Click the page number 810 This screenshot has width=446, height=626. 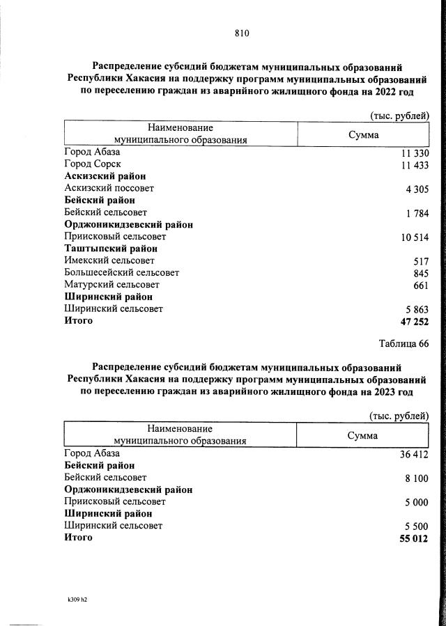(x=242, y=33)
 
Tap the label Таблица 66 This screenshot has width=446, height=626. (x=403, y=344)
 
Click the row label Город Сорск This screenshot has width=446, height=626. (x=93, y=164)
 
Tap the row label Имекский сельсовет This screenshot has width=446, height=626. (x=109, y=260)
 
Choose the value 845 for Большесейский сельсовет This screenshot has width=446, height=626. (x=421, y=273)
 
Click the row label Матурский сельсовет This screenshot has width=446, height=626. (x=111, y=285)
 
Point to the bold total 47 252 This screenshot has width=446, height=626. (x=414, y=322)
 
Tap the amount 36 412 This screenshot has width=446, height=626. (x=414, y=455)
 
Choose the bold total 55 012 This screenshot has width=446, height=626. (x=414, y=538)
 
